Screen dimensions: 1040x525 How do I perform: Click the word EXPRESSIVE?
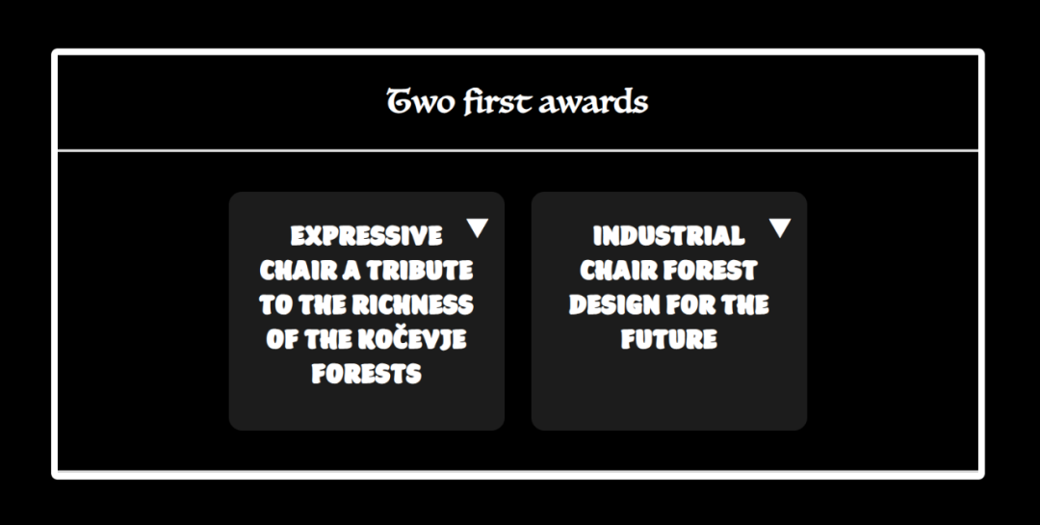(366, 236)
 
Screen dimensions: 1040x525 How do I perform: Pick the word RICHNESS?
(412, 304)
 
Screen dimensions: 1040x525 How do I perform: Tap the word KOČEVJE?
(412, 338)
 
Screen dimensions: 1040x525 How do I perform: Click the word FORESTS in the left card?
(366, 374)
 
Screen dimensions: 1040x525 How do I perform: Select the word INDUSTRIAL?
(668, 236)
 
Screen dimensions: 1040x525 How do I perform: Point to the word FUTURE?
(668, 339)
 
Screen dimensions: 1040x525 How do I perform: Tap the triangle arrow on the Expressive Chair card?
(478, 227)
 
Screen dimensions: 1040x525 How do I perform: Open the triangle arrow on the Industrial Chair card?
(780, 227)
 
